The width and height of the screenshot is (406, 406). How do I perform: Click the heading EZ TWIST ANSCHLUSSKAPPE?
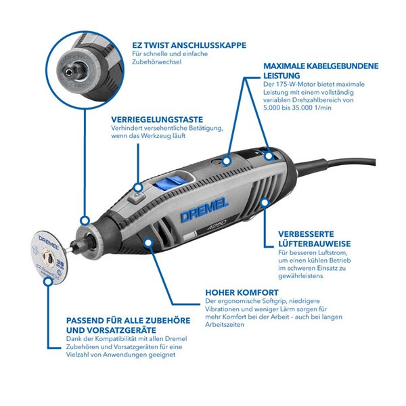coord(189,46)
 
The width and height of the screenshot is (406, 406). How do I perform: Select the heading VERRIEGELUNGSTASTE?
coord(157,118)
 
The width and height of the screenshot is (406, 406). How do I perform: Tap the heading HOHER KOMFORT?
coord(239,293)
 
